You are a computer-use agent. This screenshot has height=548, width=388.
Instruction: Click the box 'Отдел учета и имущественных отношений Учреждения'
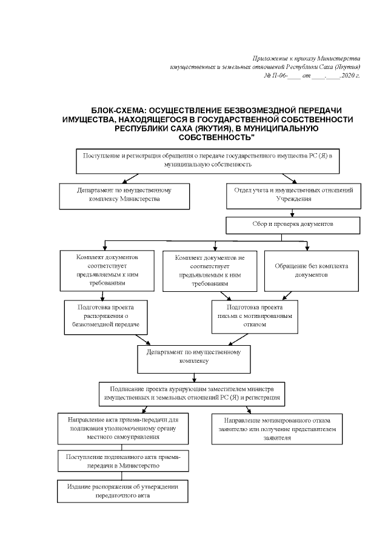click(293, 194)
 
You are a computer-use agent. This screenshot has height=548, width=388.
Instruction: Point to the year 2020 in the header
click(349, 76)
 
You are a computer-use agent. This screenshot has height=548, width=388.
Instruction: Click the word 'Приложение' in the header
click(269, 56)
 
